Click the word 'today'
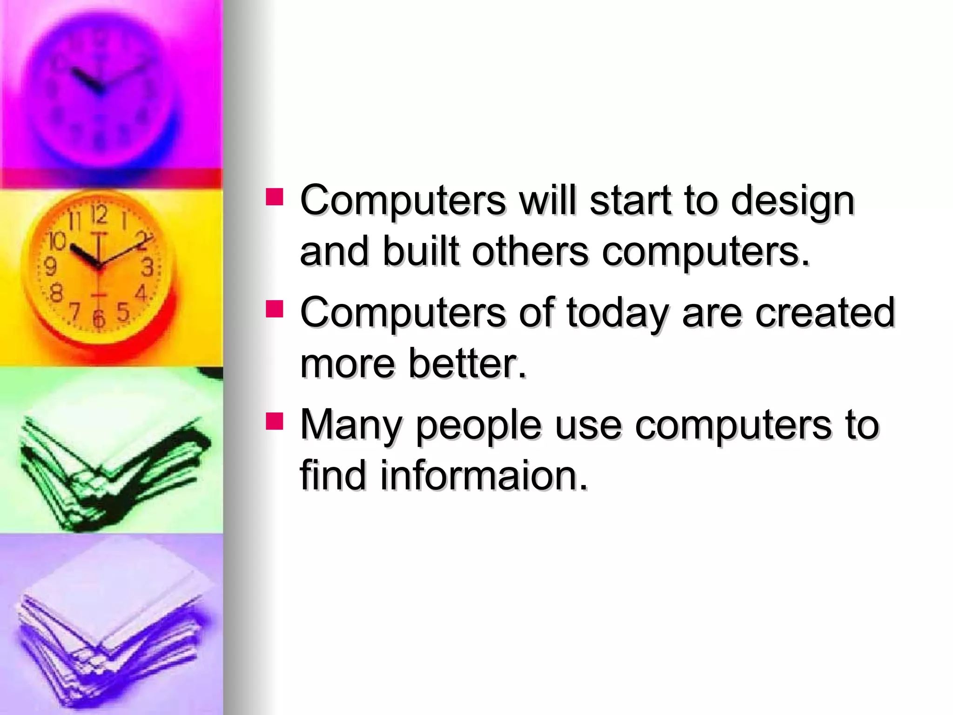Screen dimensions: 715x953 click(617, 313)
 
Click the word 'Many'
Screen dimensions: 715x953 click(350, 425)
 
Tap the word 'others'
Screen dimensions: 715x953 click(530, 251)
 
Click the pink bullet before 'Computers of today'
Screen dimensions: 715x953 click(275, 309)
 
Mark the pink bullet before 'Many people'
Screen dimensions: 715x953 click(275, 420)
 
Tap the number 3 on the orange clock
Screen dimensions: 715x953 click(148, 267)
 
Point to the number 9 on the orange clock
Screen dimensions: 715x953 click(50, 267)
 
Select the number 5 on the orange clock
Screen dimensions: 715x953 click(123, 311)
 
